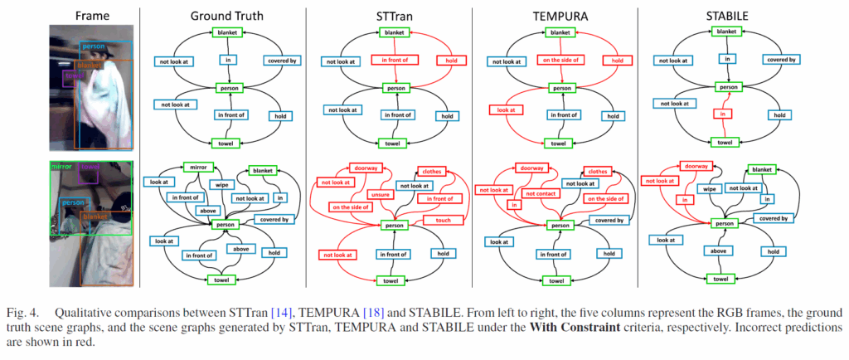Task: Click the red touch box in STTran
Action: pos(442,220)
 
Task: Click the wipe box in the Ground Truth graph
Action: pos(220,186)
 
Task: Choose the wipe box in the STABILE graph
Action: pos(710,188)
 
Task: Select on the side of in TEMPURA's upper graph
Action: pos(560,59)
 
